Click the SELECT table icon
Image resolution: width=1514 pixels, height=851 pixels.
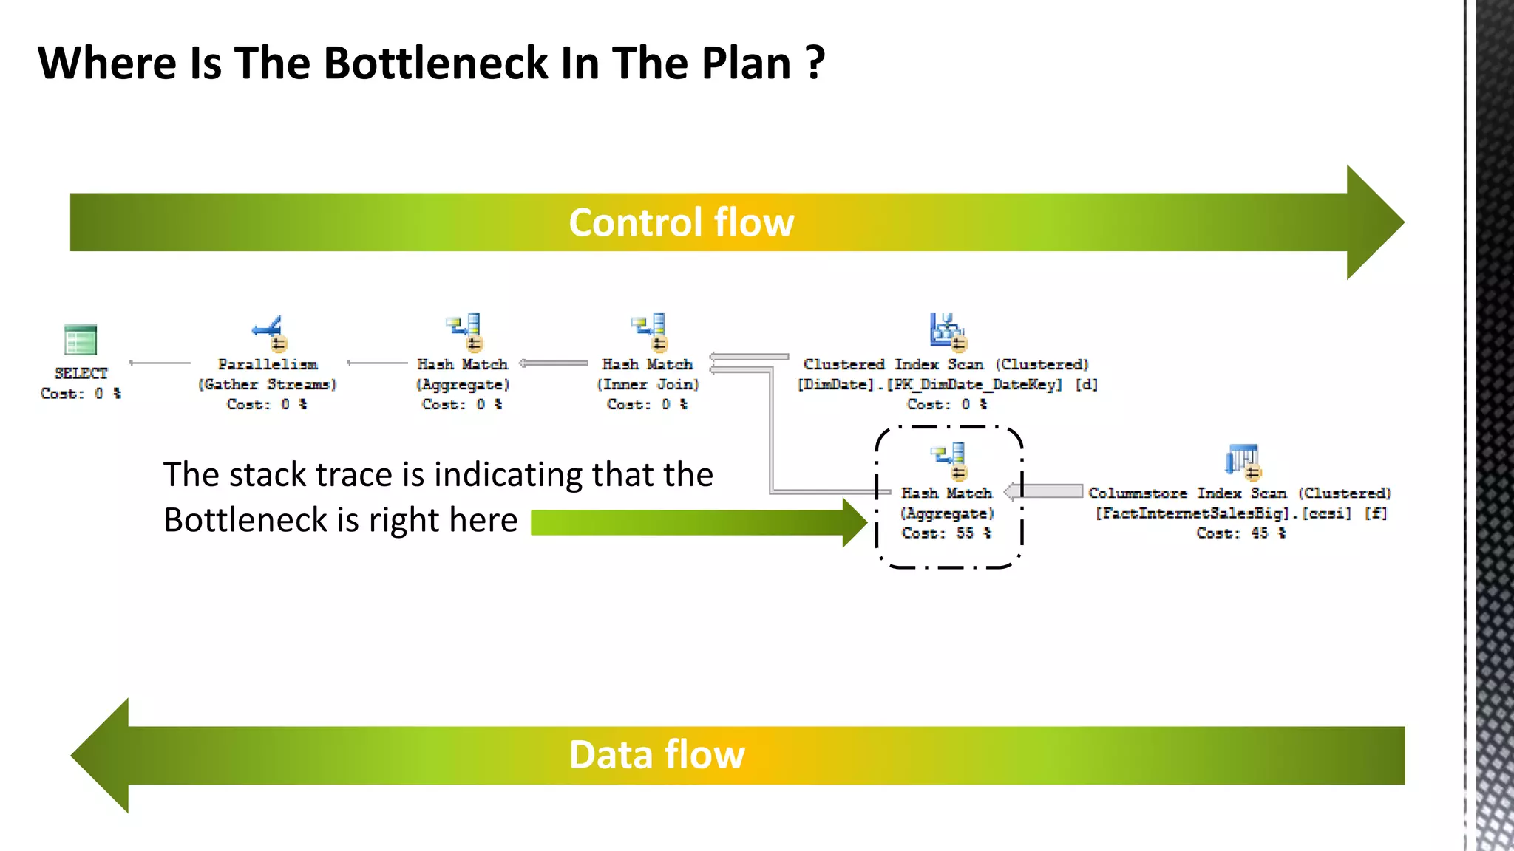click(x=81, y=340)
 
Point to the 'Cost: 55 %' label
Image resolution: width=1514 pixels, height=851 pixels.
click(x=946, y=533)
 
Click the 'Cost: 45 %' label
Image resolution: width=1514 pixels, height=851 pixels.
click(x=1241, y=533)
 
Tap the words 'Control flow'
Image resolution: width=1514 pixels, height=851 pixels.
click(x=681, y=222)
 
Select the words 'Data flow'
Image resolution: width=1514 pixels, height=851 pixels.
click(x=656, y=755)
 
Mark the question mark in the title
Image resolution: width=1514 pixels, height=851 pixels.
click(x=815, y=63)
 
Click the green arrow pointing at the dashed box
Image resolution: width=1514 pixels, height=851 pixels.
click(x=695, y=522)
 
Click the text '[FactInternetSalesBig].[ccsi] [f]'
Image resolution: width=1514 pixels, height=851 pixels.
click(x=1241, y=513)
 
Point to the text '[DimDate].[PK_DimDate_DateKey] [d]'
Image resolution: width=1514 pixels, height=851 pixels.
click(x=947, y=385)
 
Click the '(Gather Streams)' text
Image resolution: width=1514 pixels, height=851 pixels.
click(x=268, y=385)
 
